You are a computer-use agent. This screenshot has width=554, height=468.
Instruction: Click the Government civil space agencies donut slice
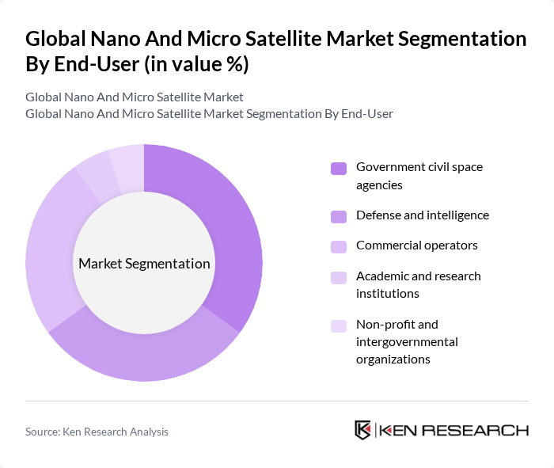pyautogui.click(x=230, y=230)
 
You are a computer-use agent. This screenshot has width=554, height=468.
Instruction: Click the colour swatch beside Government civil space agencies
pyautogui.click(x=339, y=168)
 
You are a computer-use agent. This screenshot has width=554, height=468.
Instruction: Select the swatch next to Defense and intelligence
pyautogui.click(x=339, y=216)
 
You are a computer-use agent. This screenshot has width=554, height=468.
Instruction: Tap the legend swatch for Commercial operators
pyautogui.click(x=339, y=246)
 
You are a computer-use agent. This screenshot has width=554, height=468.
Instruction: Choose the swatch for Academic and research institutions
pyautogui.click(x=339, y=277)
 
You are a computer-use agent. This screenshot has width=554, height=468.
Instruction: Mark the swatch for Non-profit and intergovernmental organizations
pyautogui.click(x=339, y=325)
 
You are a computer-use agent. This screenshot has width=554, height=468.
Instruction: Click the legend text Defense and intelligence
pyautogui.click(x=422, y=215)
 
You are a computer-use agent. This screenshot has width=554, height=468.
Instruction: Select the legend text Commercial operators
pyautogui.click(x=416, y=245)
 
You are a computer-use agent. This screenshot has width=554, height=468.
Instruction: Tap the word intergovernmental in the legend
pyautogui.click(x=407, y=342)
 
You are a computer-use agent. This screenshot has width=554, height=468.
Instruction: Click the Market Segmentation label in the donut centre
pyautogui.click(x=144, y=264)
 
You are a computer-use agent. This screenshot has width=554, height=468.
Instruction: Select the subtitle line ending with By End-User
pyautogui.click(x=209, y=114)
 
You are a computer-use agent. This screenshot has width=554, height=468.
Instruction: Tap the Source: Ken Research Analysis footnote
pyautogui.click(x=97, y=432)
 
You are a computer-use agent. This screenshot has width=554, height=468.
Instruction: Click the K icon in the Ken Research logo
pyautogui.click(x=362, y=430)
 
